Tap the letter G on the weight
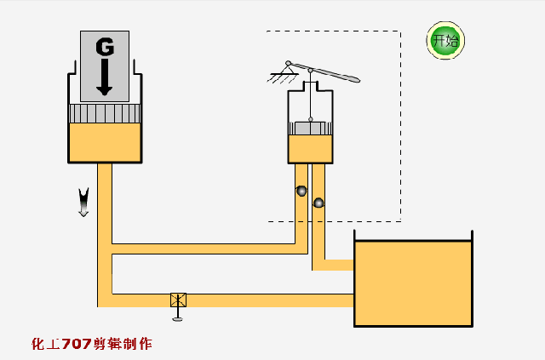105,48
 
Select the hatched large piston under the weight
105,112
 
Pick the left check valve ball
301,191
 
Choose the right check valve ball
318,203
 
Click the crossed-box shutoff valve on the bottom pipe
179,300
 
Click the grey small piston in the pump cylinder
310,128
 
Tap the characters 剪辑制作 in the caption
125,345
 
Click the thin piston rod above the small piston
310,102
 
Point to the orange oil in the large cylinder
105,142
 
